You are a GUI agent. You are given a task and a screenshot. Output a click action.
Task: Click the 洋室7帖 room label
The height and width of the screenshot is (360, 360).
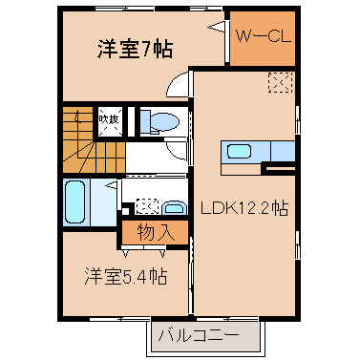tap(135, 49)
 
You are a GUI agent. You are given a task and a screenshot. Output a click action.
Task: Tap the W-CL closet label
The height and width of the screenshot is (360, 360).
tap(264, 36)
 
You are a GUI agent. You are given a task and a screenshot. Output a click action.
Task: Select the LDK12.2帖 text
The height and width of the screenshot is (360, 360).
tap(244, 209)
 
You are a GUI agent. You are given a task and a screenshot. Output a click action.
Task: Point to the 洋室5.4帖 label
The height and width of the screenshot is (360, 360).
tap(125, 276)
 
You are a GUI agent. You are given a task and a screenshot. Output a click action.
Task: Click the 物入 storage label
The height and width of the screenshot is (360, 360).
tap(156, 232)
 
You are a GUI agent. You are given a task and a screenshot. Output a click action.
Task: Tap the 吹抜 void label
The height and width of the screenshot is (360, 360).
tap(109, 119)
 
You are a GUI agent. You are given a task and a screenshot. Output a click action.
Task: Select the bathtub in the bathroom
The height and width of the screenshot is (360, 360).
tap(75, 201)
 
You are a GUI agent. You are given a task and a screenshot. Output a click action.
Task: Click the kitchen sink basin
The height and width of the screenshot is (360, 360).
tap(240, 151)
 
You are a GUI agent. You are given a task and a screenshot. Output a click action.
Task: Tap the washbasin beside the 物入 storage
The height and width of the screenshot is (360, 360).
tap(174, 207)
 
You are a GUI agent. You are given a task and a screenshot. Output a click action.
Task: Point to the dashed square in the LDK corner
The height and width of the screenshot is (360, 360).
tap(280, 82)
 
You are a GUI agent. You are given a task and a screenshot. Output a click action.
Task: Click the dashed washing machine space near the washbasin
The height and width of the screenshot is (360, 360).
tap(147, 206)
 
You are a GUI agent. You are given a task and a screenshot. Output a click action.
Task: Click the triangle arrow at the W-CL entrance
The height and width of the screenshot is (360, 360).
tap(217, 27)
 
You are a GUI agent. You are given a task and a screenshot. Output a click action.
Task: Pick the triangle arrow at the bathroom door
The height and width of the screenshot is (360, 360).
tap(112, 184)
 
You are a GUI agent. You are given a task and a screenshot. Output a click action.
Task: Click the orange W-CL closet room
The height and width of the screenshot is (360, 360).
tap(263, 38)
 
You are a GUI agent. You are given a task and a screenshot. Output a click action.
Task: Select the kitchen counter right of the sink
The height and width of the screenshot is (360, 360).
tap(283, 152)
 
